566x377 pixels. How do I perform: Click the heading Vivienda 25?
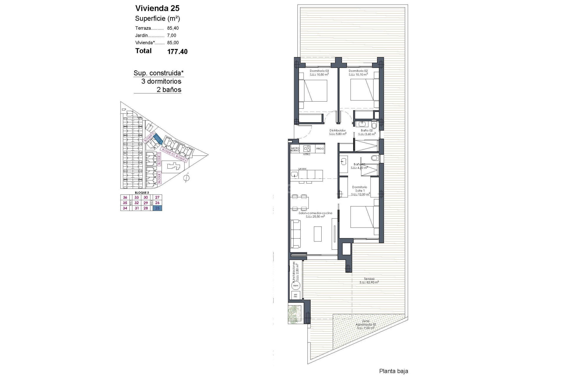click(157, 8)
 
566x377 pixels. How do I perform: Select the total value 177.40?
click(177, 52)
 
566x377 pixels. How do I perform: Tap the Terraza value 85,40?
click(173, 28)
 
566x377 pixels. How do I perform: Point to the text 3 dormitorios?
click(161, 81)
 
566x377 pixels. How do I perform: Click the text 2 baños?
click(169, 90)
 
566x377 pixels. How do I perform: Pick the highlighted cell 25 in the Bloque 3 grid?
click(157, 208)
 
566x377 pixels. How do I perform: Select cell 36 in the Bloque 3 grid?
click(125, 198)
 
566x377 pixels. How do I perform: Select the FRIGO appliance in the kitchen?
click(320, 149)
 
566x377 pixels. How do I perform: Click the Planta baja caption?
click(394, 371)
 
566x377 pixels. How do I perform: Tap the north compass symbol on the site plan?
click(186, 178)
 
